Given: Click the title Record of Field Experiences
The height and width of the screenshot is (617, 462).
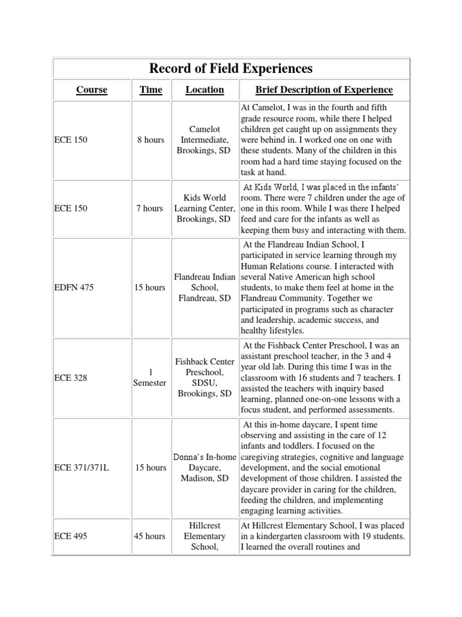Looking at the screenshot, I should (x=232, y=67).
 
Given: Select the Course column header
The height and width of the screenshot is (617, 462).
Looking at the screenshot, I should (x=92, y=90).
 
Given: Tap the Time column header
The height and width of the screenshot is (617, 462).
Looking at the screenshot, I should (x=150, y=90).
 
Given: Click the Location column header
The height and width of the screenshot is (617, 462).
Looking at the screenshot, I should (x=205, y=90).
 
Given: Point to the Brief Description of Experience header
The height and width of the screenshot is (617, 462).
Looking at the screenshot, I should (x=324, y=90).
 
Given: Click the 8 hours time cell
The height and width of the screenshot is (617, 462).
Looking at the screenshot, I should (x=150, y=140).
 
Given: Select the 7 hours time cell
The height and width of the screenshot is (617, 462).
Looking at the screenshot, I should (x=150, y=208).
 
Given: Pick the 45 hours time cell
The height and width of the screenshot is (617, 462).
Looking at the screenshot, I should (x=150, y=536).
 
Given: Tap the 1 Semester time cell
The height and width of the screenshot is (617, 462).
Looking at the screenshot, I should (x=150, y=378).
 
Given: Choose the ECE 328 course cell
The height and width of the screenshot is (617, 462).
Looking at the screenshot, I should (x=71, y=378).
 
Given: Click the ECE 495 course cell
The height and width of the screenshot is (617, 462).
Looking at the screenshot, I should (x=71, y=536).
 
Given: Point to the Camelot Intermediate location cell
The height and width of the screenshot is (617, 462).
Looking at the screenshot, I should (x=205, y=140).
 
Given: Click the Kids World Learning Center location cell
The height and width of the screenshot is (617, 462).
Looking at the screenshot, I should (x=205, y=208).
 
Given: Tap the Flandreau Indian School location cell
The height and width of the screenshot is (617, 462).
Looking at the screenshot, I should (x=205, y=287).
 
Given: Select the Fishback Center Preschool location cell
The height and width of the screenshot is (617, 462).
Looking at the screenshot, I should (x=205, y=378).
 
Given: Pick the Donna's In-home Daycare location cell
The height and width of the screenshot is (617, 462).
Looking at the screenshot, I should (x=205, y=468).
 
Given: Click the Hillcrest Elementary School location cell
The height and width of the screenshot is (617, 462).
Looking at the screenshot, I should (x=205, y=536).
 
